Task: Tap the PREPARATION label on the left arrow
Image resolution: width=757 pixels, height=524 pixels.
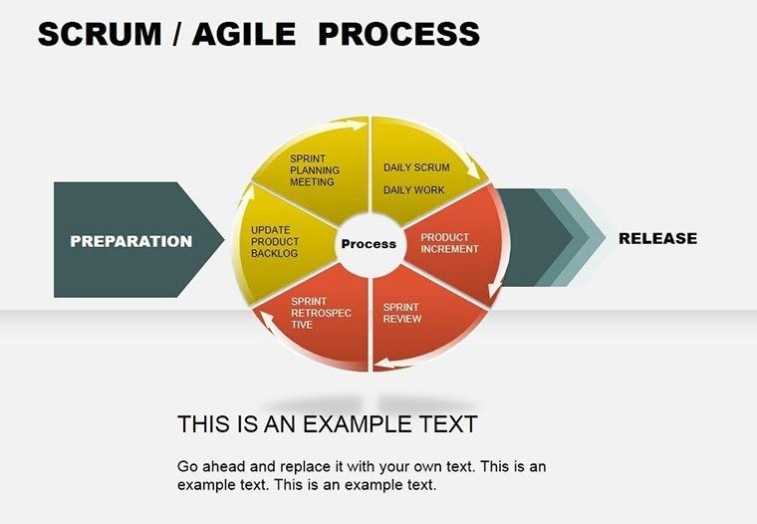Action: tap(130, 241)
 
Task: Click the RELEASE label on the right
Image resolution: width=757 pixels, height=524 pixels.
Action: tap(657, 238)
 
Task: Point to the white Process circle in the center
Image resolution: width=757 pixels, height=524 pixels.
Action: tap(369, 244)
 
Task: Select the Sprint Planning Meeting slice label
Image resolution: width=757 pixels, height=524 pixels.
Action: tap(315, 169)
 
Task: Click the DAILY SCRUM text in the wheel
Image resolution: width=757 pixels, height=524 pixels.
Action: tap(416, 167)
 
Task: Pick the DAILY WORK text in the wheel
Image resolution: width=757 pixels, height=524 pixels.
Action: tap(413, 190)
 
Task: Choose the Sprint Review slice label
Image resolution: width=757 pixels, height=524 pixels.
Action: tap(402, 313)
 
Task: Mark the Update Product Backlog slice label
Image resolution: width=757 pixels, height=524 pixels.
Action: tap(274, 242)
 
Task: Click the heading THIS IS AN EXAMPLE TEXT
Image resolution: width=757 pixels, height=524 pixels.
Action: tap(327, 424)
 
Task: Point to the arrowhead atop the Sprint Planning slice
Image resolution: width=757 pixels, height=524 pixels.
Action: tap(355, 126)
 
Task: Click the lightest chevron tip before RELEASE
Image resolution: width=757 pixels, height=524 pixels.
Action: tap(600, 238)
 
